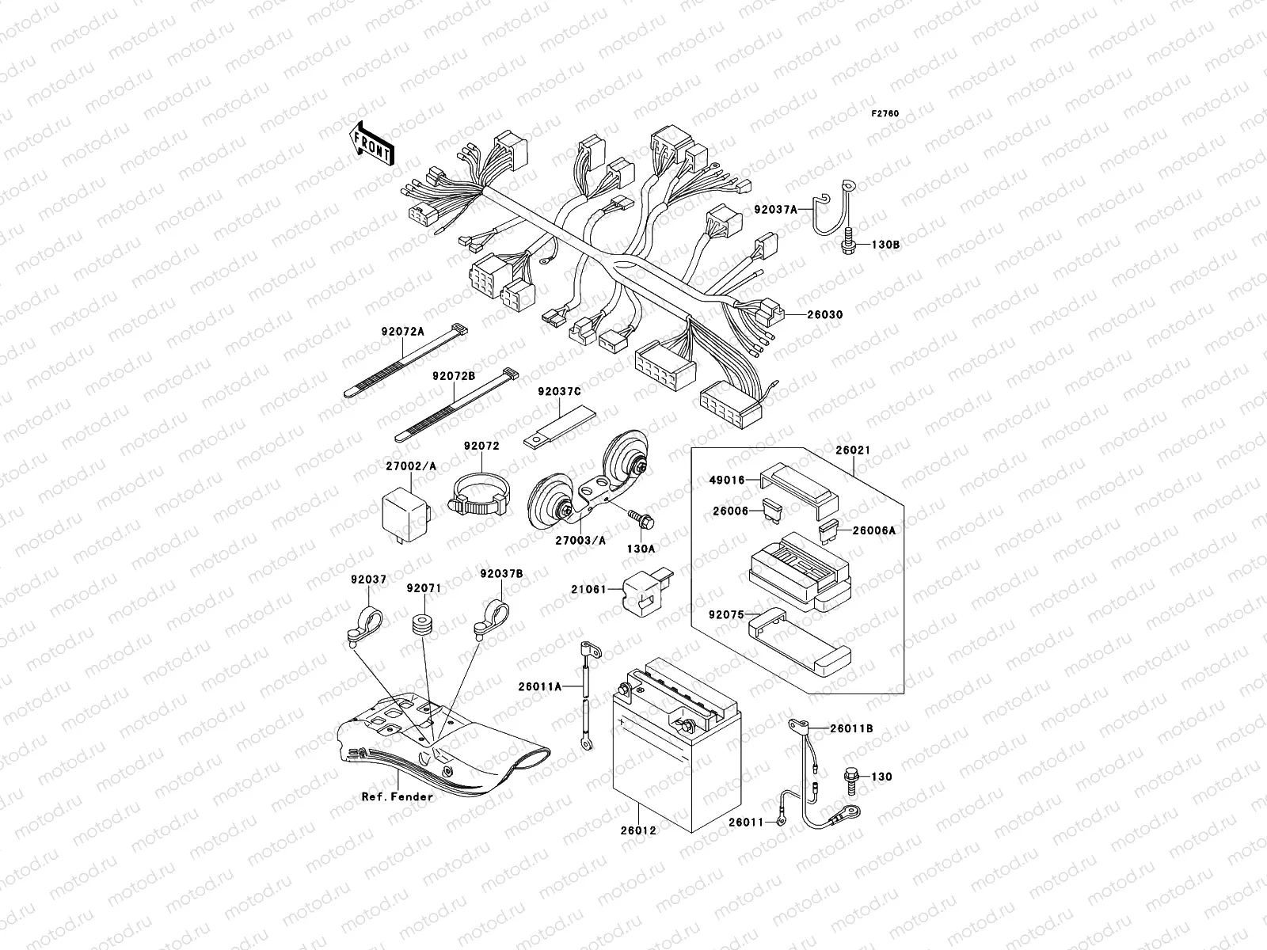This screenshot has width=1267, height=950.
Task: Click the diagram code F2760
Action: tap(885, 114)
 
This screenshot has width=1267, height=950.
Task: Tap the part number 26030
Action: tap(825, 314)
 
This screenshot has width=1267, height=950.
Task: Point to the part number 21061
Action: tap(588, 589)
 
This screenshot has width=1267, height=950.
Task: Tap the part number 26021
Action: tap(851, 450)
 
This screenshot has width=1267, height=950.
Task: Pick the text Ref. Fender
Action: tap(398, 796)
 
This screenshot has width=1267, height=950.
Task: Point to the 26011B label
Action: tap(852, 728)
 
